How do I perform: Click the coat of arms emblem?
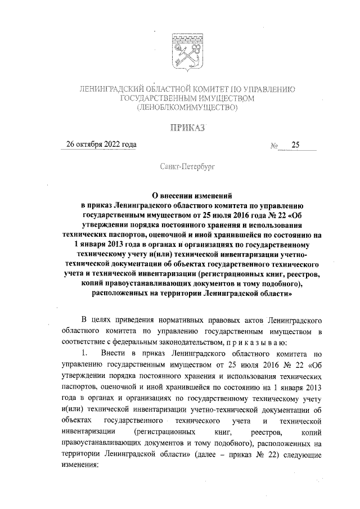click(x=185, y=52)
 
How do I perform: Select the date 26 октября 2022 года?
click(x=101, y=145)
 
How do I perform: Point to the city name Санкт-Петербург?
click(x=185, y=167)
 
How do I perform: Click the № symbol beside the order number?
click(x=275, y=146)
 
